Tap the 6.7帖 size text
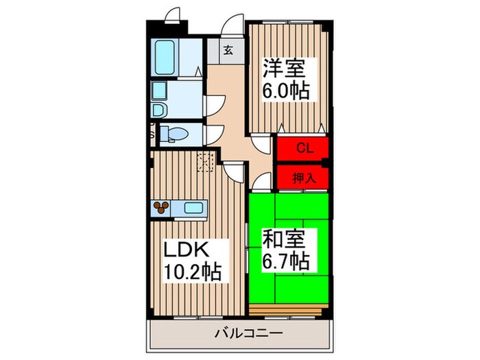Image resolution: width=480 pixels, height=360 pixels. point(287,261)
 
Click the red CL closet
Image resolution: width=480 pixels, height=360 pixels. point(302,147)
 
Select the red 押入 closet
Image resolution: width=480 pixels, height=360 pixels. point(302,178)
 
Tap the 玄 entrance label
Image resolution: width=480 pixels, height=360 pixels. point(228,49)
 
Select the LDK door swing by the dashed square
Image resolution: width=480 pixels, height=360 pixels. point(233,171)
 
